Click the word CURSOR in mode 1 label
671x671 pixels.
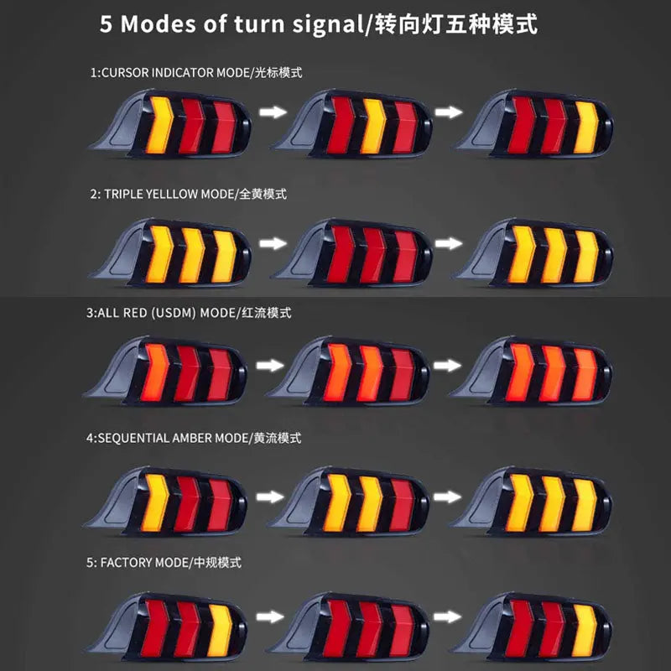[125, 73]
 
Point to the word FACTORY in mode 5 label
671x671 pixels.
[128, 561]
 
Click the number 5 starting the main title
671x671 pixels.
[107, 24]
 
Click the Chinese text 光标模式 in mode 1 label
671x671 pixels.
[277, 73]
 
